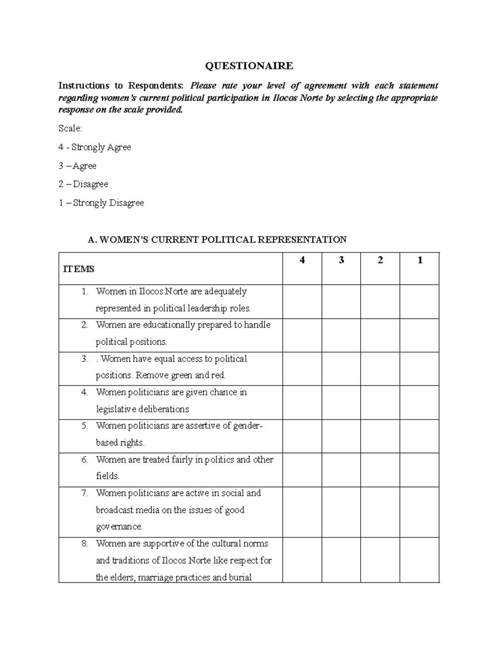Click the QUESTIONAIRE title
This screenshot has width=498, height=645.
pos(249,66)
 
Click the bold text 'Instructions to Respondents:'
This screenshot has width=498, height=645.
pos(120,86)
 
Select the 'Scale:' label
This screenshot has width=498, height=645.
pos(70,128)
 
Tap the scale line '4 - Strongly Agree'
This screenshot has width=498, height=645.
pos(95,147)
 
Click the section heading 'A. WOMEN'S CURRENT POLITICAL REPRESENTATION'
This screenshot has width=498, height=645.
pos(217,240)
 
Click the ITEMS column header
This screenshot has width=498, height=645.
pos(78,269)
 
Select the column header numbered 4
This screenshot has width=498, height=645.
pos(302,260)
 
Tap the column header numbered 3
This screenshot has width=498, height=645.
pos(341,260)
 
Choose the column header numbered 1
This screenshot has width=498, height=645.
pos(420,260)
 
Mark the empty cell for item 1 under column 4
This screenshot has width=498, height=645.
pos(302,302)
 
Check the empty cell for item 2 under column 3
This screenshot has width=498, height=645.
pos(341,335)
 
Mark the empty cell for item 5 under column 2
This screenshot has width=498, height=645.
pos(380,436)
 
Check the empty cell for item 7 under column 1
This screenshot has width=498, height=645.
pos(420,512)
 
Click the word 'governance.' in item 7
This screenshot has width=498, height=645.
pos(119,527)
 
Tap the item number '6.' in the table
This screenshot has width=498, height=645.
pos(85,459)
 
